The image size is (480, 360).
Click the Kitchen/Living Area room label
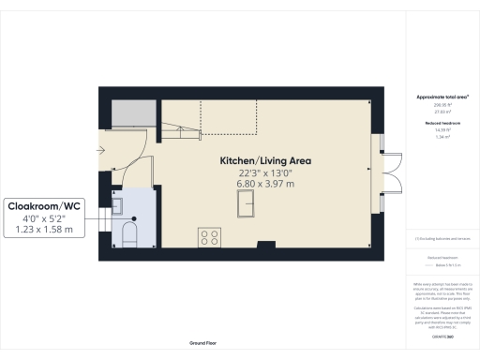coord(264,160)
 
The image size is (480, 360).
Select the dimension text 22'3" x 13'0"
coord(264,172)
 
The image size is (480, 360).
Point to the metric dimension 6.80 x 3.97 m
coord(264,184)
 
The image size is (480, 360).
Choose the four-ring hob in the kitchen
coord(208,236)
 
